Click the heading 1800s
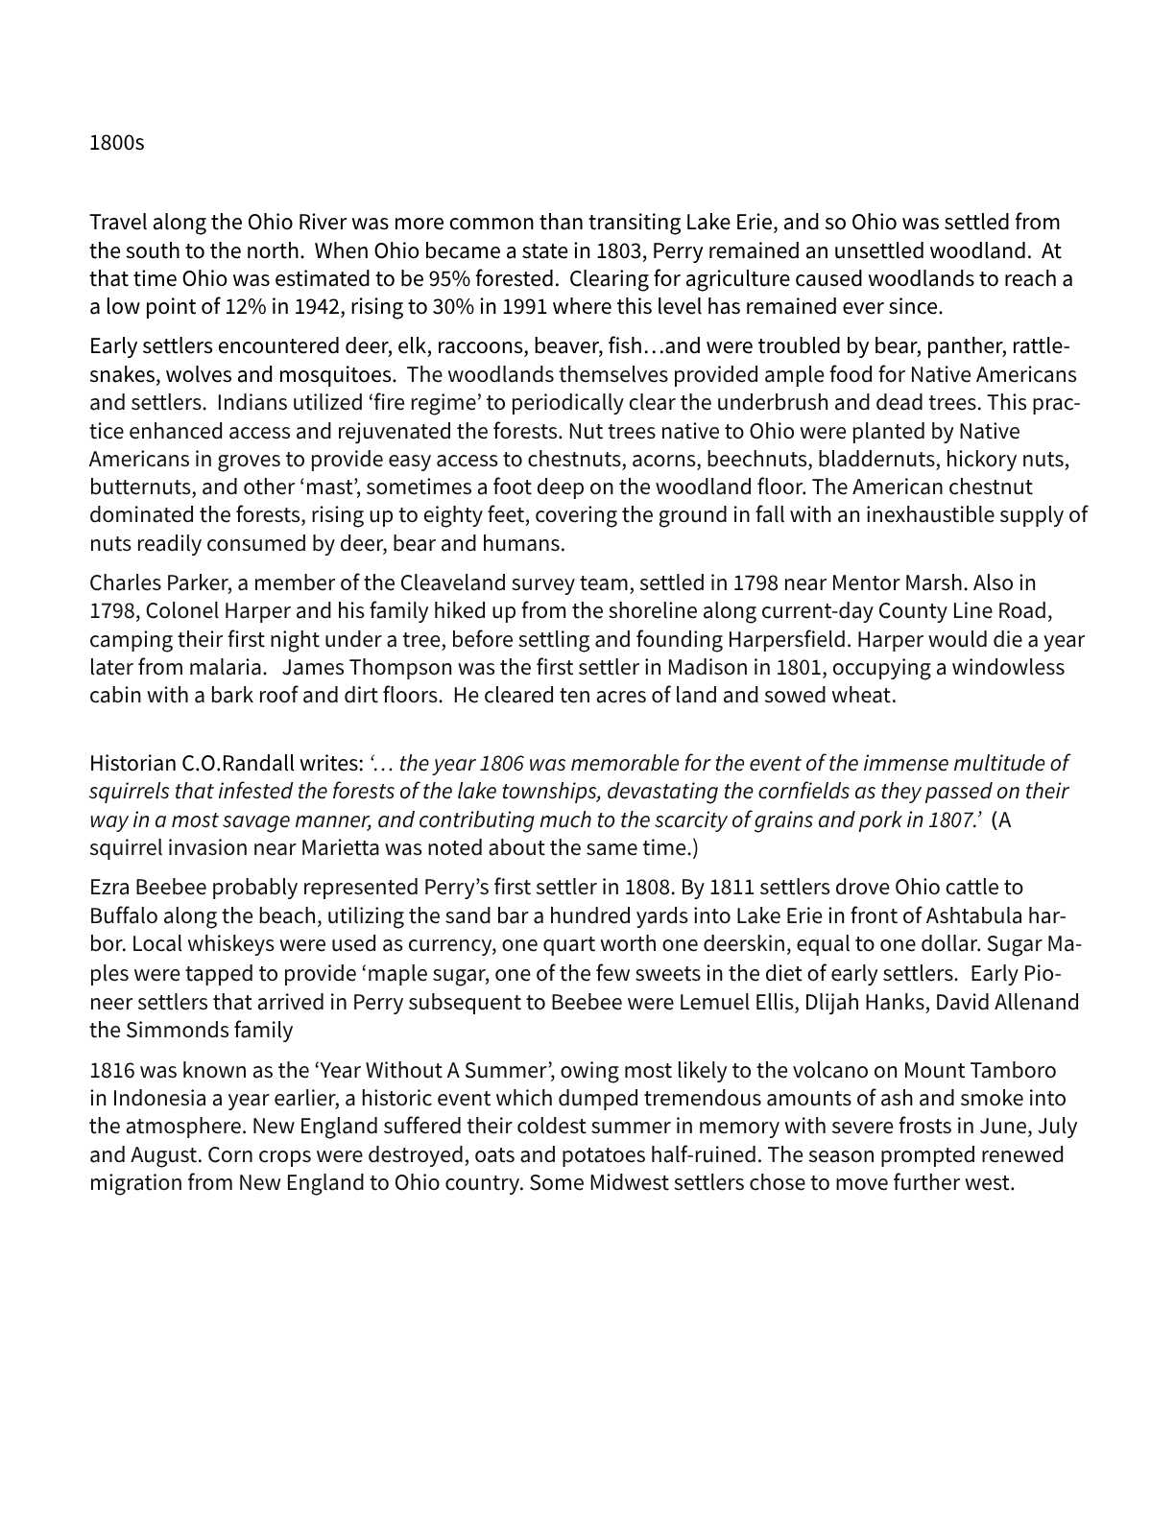(x=116, y=143)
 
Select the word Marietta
(x=346, y=848)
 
